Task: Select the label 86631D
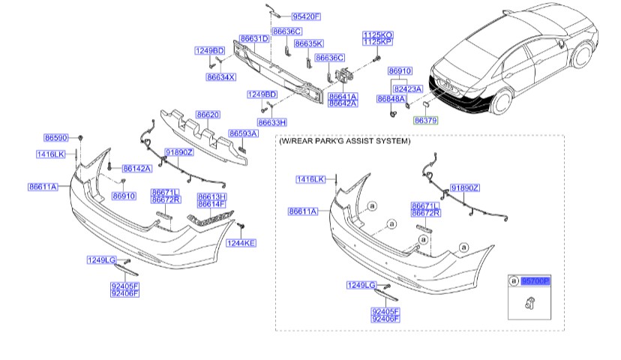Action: tap(254, 38)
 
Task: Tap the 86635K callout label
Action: tap(308, 43)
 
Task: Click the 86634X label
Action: tap(220, 76)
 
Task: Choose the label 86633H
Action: tap(271, 121)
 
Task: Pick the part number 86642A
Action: tap(343, 104)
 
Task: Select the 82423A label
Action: tap(409, 88)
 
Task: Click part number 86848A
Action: tap(391, 99)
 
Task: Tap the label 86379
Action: tap(425, 120)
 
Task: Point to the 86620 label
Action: tap(208, 115)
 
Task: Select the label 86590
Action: tap(56, 138)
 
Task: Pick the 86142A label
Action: tap(136, 169)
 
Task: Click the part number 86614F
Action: tap(211, 203)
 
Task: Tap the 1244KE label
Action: tap(241, 243)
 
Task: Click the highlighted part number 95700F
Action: tap(535, 280)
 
